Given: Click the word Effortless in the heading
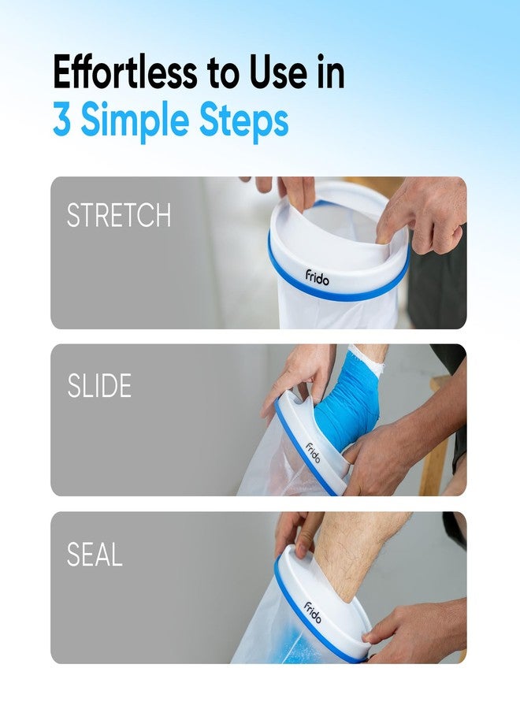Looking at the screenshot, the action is [125, 72].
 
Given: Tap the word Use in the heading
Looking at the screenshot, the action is [277, 72].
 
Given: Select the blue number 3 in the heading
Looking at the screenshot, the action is [62, 120].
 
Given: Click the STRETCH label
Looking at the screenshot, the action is [119, 215].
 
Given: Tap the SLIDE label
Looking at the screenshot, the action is [99, 386].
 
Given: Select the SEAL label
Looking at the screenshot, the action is [95, 555].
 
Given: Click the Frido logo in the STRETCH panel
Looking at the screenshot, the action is [317, 277].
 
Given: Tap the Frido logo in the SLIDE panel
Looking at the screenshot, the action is [313, 453].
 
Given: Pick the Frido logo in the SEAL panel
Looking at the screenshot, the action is [313, 613].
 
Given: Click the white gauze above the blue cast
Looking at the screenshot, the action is [367, 354].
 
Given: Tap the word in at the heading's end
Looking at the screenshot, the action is [331, 72].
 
